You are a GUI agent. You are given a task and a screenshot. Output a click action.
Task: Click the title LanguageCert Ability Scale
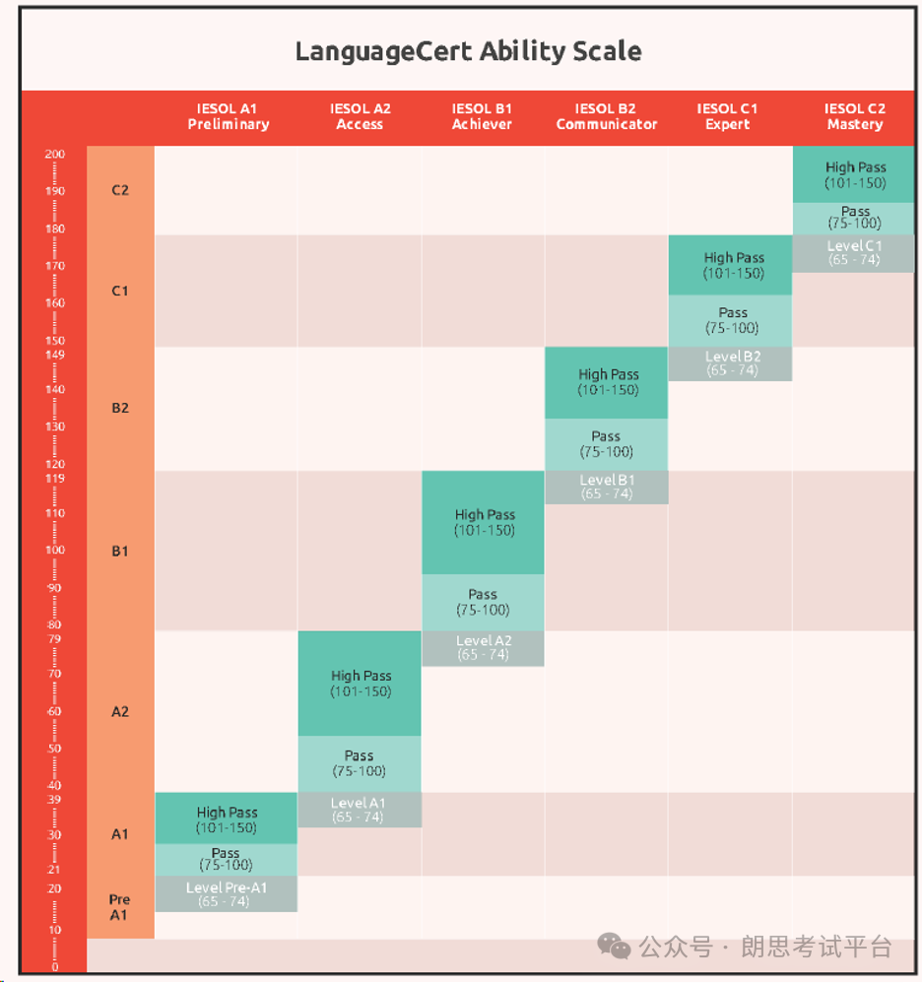[468, 51]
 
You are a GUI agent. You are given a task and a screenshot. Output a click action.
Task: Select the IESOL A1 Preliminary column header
[229, 116]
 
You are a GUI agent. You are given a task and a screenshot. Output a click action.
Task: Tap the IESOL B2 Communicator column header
[606, 116]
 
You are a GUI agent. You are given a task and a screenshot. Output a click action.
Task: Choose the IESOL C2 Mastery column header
[855, 116]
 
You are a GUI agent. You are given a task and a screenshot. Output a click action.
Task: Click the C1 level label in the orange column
[120, 291]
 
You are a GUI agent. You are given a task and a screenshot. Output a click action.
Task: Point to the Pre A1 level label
[119, 907]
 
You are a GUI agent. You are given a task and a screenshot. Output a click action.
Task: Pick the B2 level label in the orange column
[120, 408]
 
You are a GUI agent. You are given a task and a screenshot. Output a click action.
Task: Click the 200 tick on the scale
[54, 155]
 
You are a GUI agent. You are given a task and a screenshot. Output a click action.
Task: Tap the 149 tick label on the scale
[54, 355]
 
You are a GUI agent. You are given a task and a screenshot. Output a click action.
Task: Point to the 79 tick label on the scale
[54, 639]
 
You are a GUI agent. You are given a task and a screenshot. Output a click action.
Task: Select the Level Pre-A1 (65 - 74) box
[227, 894]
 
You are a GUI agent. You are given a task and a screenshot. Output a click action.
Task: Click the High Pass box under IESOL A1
[227, 819]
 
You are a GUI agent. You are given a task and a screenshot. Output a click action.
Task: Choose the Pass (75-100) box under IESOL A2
[360, 763]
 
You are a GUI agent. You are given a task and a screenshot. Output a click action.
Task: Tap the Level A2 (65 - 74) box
[484, 648]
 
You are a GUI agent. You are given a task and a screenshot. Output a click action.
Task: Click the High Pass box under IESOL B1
[484, 523]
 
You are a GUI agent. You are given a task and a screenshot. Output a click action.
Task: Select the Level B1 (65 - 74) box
[606, 488]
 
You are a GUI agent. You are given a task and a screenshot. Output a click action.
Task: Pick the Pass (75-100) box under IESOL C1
[730, 320]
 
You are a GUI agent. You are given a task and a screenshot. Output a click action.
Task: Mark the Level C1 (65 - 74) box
[854, 253]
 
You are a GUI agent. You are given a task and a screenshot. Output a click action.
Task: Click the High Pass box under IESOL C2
[854, 175]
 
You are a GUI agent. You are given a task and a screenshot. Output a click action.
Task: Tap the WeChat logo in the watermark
[614, 946]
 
